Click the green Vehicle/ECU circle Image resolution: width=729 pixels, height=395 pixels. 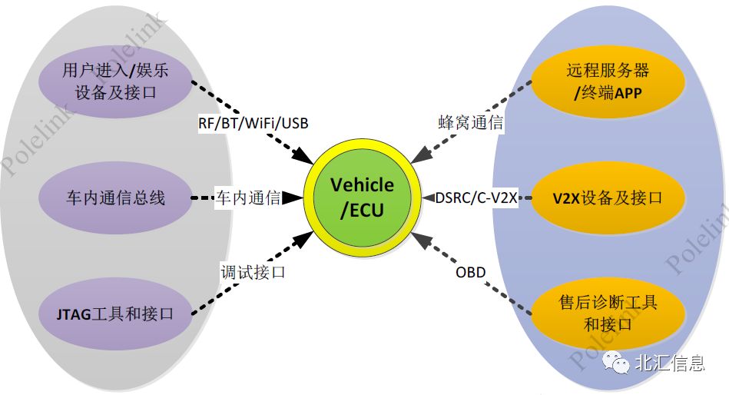tap(362, 197)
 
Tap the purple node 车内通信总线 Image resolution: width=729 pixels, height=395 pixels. tap(115, 197)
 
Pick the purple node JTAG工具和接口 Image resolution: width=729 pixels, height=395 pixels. tap(115, 314)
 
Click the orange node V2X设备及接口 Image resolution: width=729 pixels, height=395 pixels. tap(608, 197)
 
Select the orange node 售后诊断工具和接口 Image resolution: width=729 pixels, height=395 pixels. tap(608, 313)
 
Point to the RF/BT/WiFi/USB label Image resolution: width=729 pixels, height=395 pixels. tap(253, 122)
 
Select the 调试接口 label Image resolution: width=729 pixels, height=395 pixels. tap(253, 272)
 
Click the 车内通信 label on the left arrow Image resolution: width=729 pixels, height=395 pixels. tap(247, 198)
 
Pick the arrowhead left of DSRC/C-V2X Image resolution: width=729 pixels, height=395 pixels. tap(428, 198)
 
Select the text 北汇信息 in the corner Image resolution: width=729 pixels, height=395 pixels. tap(669, 363)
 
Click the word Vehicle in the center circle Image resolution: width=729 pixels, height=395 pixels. tap(362, 185)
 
